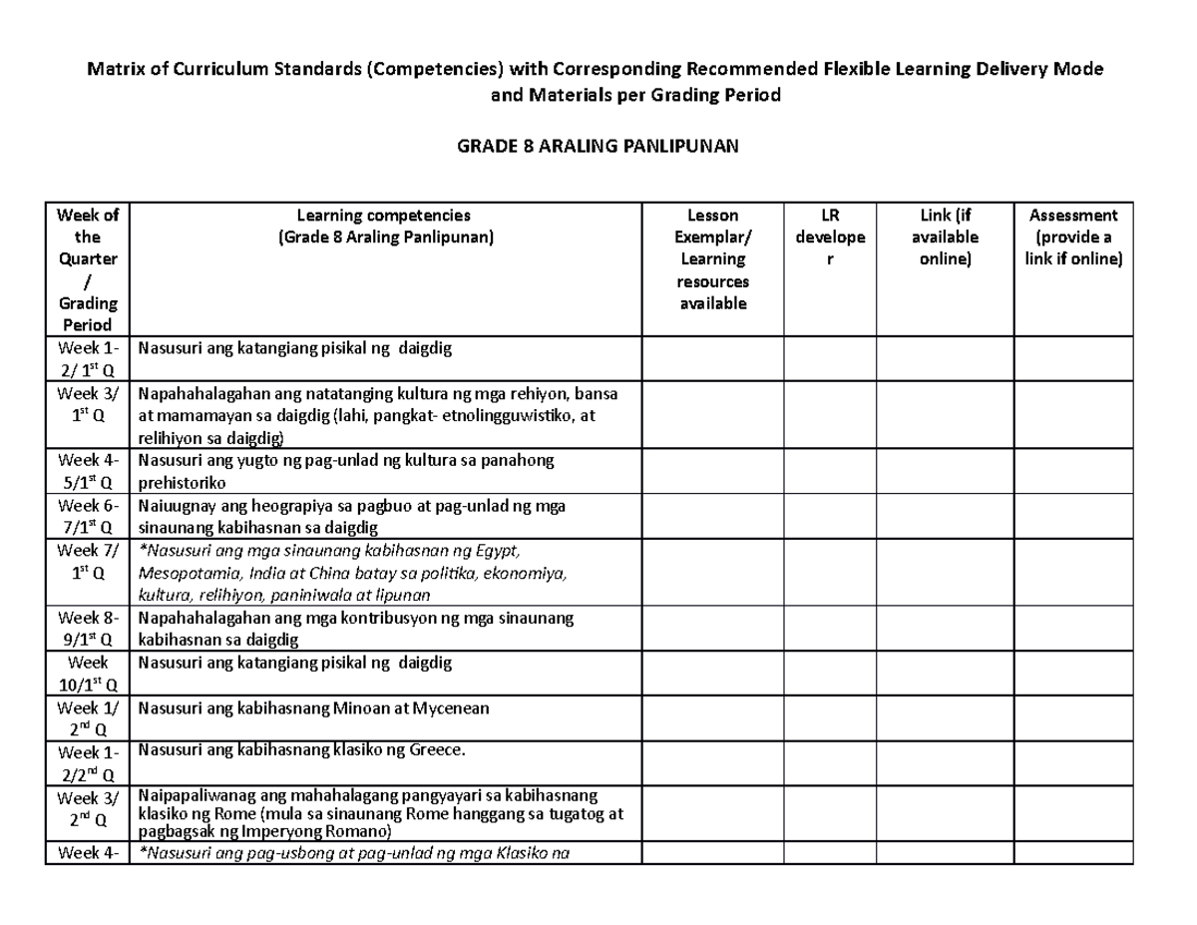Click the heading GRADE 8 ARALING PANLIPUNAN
tap(598, 147)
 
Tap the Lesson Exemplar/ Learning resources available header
tap(712, 258)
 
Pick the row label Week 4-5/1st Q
tap(89, 471)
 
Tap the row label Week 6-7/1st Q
tap(89, 516)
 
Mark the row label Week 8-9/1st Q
tap(89, 629)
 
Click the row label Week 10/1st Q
tap(89, 674)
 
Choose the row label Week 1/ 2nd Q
tap(89, 718)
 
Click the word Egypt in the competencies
tap(496, 552)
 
